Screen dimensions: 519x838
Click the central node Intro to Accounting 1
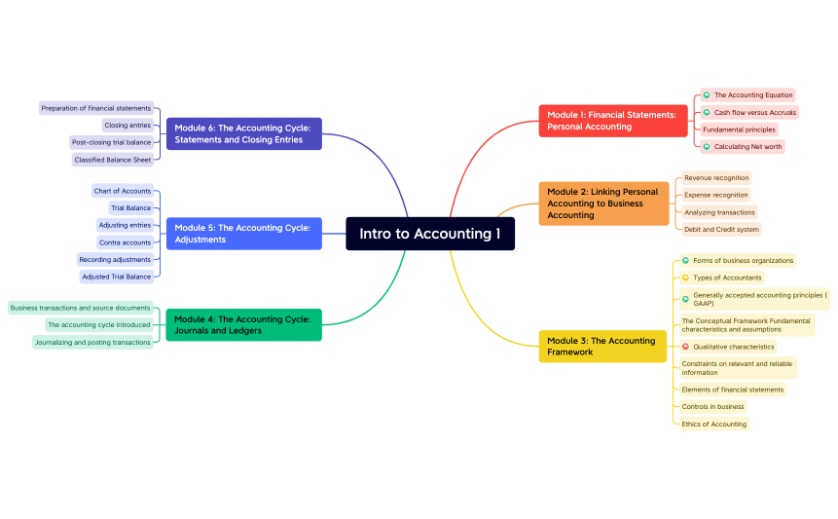point(429,234)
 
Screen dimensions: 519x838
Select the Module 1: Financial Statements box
point(612,121)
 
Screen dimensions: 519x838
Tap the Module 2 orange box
point(603,204)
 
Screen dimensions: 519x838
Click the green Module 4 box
point(243,324)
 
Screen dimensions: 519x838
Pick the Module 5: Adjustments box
point(243,234)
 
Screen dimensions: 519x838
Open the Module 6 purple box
point(243,133)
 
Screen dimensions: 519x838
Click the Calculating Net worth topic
point(747,147)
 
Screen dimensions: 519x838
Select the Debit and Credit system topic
point(721,230)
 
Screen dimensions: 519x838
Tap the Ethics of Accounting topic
point(713,424)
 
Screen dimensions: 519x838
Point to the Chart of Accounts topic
point(123,191)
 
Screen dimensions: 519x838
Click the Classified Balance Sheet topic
point(113,160)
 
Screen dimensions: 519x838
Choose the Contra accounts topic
point(126,242)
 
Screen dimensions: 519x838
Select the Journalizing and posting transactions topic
point(92,342)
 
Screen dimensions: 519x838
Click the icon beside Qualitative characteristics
point(685,347)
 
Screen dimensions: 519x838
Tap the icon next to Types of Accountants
point(685,278)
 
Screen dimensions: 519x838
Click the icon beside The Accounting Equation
point(707,95)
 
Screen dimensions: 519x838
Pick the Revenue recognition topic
point(716,178)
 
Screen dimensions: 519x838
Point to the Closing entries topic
point(128,126)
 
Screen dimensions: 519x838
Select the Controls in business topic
point(712,407)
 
